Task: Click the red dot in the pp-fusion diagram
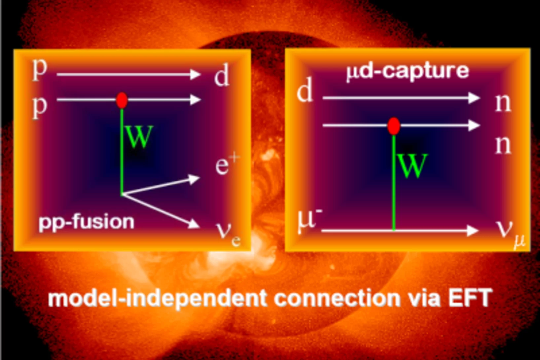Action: pyautogui.click(x=122, y=100)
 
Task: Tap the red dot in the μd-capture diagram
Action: pyautogui.click(x=394, y=126)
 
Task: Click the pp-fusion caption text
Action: pyautogui.click(x=87, y=222)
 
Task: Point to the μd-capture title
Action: pyautogui.click(x=407, y=71)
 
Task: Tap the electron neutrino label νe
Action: pyautogui.click(x=229, y=233)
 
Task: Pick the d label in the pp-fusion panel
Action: pyautogui.click(x=221, y=76)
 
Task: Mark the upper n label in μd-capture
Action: pyautogui.click(x=503, y=103)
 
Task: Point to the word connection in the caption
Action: pyautogui.click(x=337, y=298)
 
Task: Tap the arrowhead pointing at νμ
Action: pyautogui.click(x=473, y=230)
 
